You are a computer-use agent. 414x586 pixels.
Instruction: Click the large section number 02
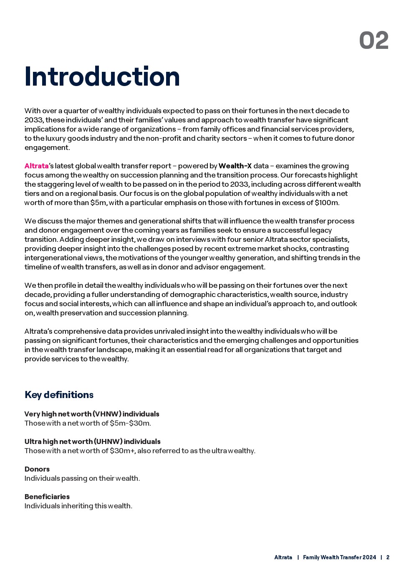(374, 41)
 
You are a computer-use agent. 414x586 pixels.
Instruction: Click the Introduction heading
(102, 77)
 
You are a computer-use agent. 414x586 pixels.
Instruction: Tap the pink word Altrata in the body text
(36, 166)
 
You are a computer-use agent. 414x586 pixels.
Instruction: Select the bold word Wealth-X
(235, 166)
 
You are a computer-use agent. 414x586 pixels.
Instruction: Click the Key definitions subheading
(59, 395)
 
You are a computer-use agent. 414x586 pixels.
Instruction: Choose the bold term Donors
(37, 469)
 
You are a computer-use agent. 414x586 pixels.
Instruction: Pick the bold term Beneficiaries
(47, 497)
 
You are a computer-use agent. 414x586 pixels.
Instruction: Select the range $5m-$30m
(130, 423)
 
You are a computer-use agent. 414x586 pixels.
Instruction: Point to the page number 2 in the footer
(388, 557)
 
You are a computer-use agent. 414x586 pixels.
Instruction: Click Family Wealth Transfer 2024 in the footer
(339, 557)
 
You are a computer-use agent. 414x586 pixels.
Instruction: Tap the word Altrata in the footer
(283, 557)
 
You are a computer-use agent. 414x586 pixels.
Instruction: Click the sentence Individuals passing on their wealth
(82, 478)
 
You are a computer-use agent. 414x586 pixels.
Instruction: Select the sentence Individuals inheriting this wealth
(78, 506)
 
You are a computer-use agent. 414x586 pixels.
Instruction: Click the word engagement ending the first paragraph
(47, 147)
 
